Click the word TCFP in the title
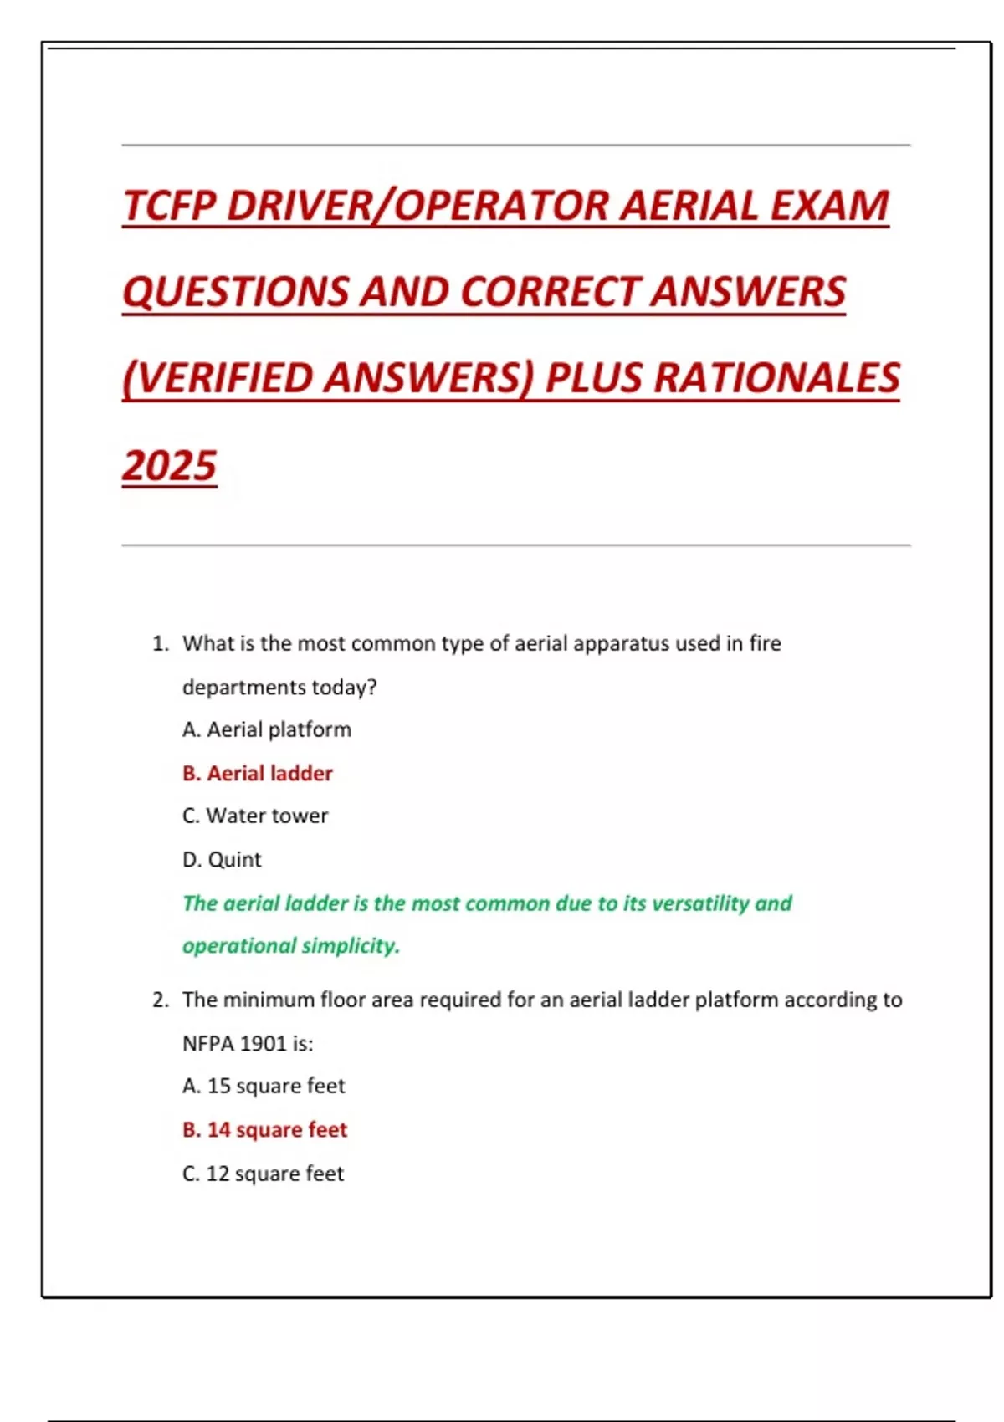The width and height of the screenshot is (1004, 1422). [170, 206]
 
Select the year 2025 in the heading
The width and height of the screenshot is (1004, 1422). [170, 466]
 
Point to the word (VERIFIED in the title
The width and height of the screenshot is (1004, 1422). [218, 378]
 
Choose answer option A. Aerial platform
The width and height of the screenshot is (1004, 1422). [267, 729]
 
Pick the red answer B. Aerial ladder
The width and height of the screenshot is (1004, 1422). [258, 773]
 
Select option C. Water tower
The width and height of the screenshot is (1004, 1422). [255, 816]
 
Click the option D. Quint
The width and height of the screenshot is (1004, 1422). [222, 859]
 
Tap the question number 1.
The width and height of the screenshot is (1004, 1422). [160, 643]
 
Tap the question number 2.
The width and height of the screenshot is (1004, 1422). [160, 1000]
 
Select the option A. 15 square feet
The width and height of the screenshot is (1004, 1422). [264, 1086]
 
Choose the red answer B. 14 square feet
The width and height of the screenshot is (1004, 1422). [264, 1129]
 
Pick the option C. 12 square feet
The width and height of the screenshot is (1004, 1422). [263, 1174]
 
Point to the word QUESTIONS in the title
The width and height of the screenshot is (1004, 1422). [235, 292]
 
